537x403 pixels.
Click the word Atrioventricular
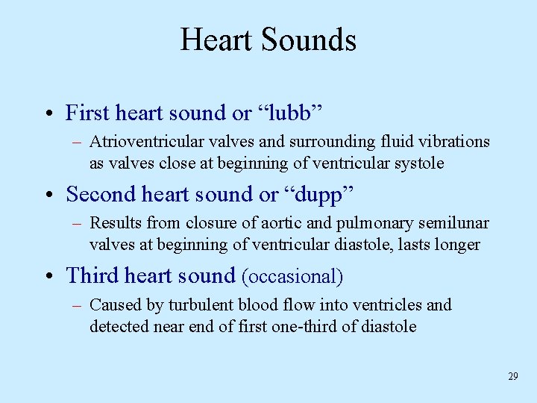(137, 142)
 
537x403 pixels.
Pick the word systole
(420, 163)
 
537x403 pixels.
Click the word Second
(95, 195)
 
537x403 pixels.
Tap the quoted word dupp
(319, 195)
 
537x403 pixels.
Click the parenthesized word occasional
(292, 277)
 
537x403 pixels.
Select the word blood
(240, 304)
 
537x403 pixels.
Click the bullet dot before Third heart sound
(47, 277)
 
